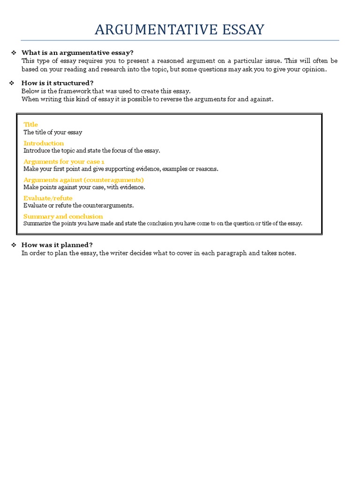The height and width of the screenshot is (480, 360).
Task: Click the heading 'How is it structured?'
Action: tap(57, 83)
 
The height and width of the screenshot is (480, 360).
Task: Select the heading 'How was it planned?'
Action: tap(57, 245)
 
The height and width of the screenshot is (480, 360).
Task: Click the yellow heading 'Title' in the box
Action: tap(30, 125)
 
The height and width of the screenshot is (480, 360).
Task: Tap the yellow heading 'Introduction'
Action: tap(44, 143)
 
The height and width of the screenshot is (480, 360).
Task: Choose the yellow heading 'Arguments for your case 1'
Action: tap(64, 161)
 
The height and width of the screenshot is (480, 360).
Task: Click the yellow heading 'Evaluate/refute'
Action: tap(48, 198)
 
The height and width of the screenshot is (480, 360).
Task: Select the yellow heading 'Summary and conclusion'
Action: tap(63, 216)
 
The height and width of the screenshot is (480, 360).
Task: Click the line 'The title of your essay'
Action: tap(52, 132)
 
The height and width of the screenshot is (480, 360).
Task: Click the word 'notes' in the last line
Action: tap(286, 253)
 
